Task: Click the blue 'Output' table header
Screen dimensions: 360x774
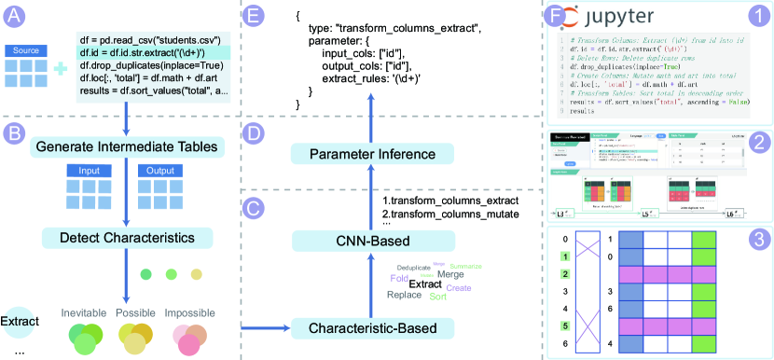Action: tap(155, 171)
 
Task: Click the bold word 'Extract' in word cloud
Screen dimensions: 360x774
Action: tap(426, 284)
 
